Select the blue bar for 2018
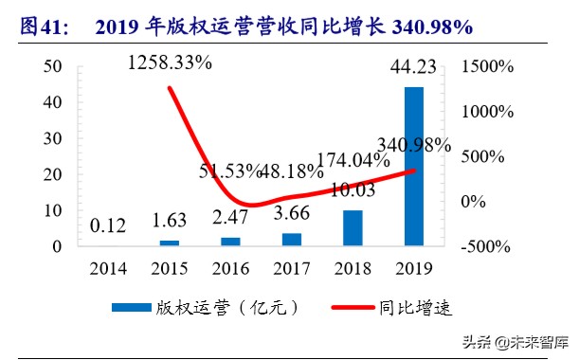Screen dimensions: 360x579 [353, 227]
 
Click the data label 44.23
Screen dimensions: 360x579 [413, 65]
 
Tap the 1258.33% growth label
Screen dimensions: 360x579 [169, 63]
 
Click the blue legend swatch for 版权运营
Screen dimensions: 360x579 [146, 308]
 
